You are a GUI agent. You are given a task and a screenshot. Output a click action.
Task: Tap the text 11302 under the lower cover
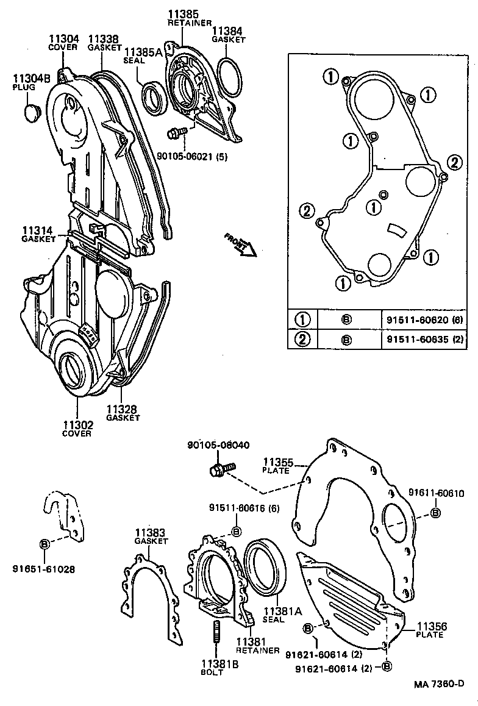click(x=77, y=425)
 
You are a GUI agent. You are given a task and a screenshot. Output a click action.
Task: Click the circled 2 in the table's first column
click(x=301, y=339)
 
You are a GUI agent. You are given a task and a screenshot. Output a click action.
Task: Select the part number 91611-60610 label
click(x=436, y=493)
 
